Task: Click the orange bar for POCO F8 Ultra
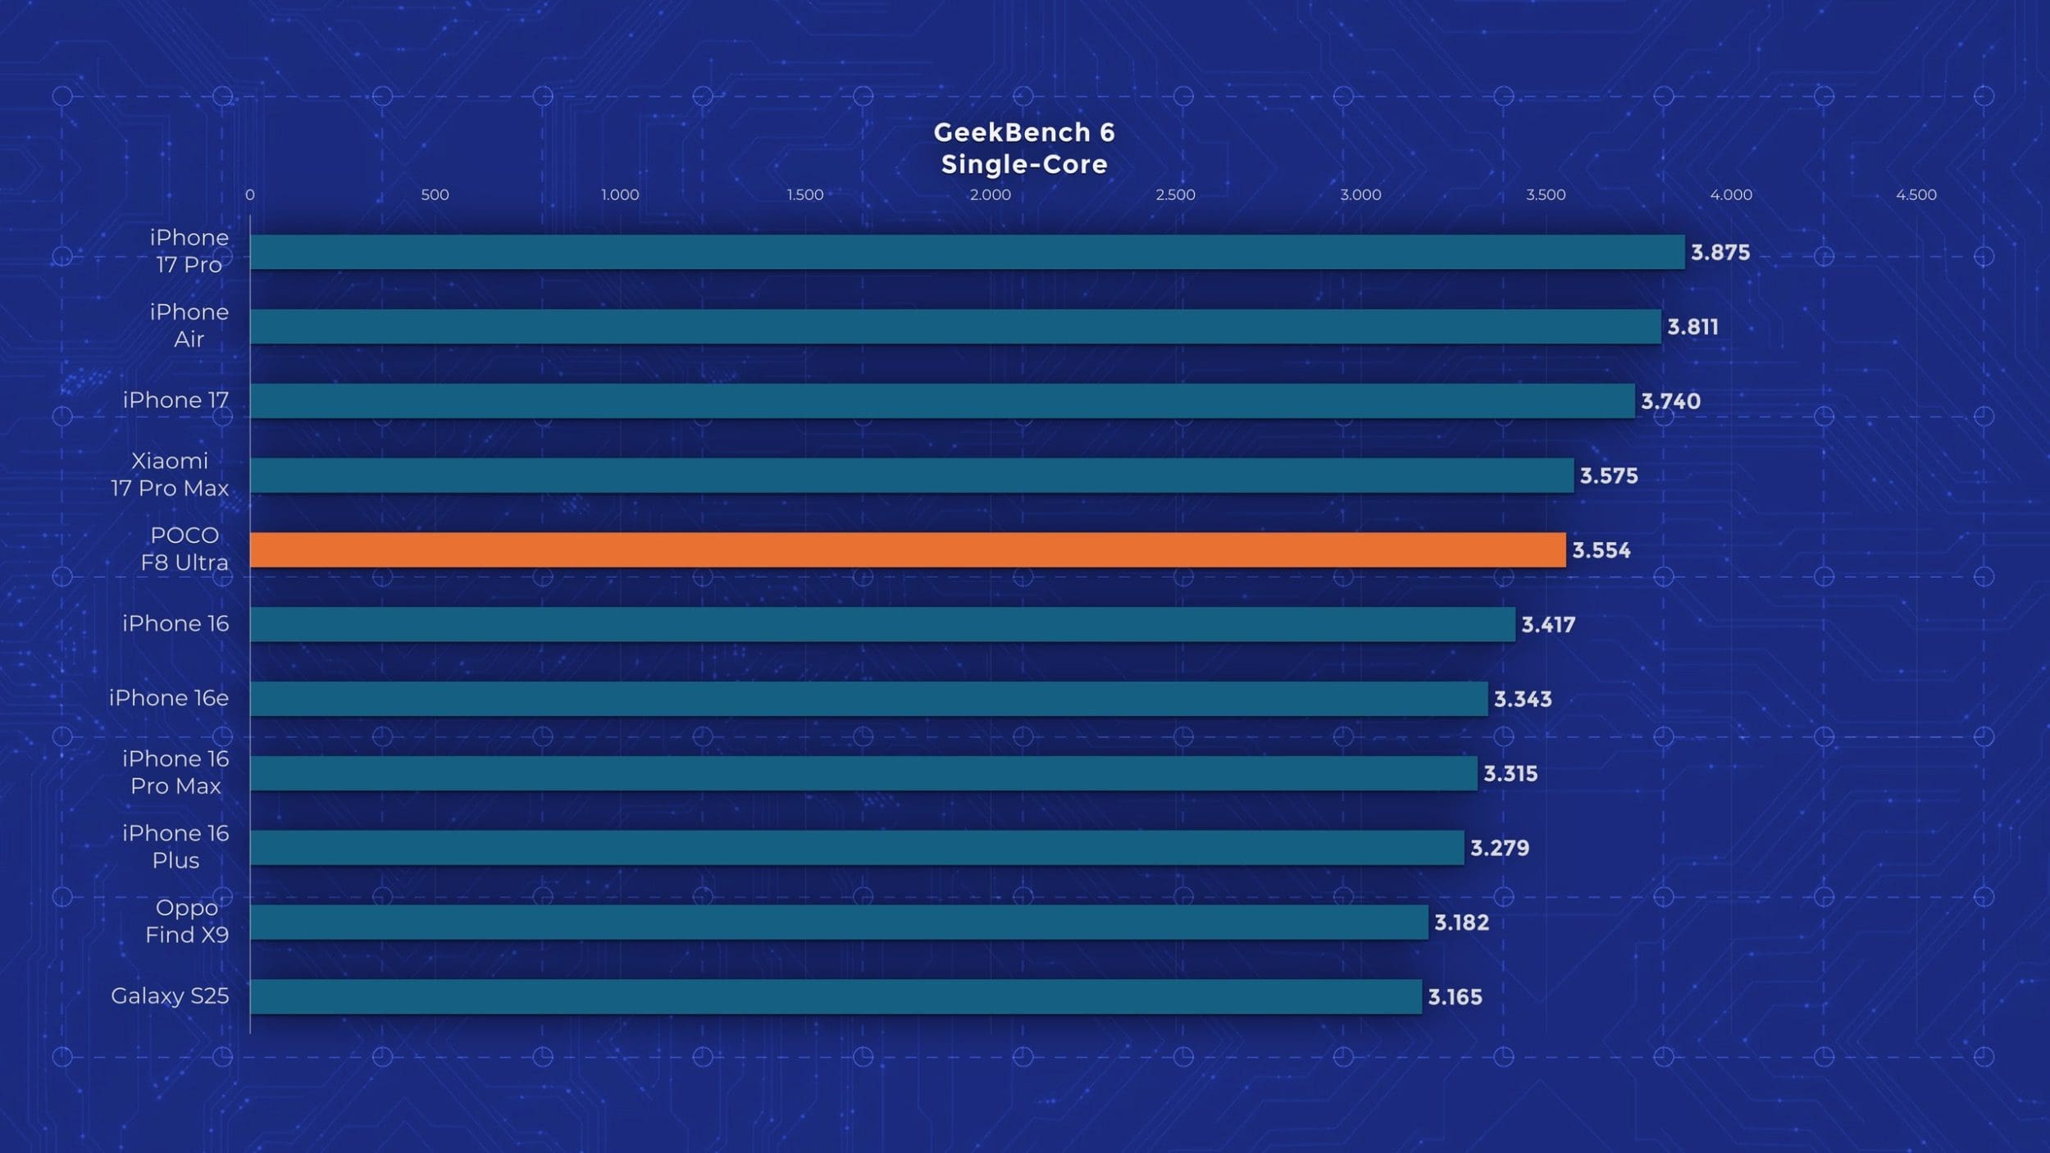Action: pyautogui.click(x=907, y=549)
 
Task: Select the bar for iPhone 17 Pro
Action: pyautogui.click(x=967, y=252)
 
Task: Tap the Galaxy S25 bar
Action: pyautogui.click(x=836, y=996)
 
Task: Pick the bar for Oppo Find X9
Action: pyautogui.click(x=838, y=922)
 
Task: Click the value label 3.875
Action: pyautogui.click(x=1720, y=253)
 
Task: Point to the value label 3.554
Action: pyautogui.click(x=1601, y=550)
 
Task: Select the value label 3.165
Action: pyautogui.click(x=1455, y=997)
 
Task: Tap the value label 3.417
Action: pyautogui.click(x=1548, y=625)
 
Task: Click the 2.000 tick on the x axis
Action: pyautogui.click(x=990, y=195)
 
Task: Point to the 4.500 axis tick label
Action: pyautogui.click(x=1916, y=195)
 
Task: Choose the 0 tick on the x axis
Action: pyautogui.click(x=250, y=195)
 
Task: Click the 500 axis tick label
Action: pyautogui.click(x=435, y=195)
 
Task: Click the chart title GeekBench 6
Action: pyautogui.click(x=1024, y=132)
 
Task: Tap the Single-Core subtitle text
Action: pyautogui.click(x=1024, y=165)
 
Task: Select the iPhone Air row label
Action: pyautogui.click(x=189, y=326)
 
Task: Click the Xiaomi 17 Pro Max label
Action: pyautogui.click(x=170, y=475)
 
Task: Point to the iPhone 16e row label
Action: pyautogui.click(x=169, y=698)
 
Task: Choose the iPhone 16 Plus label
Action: pyautogui.click(x=175, y=846)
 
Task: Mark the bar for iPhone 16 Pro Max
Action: pyautogui.click(x=863, y=773)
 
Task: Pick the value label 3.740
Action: pyautogui.click(x=1670, y=402)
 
